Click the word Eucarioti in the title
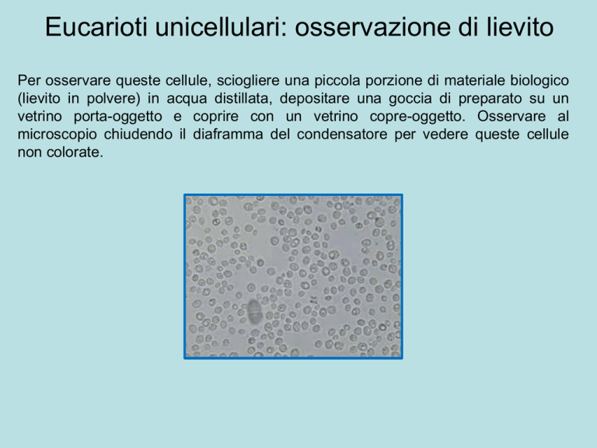(96, 26)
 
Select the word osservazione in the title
(373, 27)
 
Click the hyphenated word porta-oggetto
(118, 117)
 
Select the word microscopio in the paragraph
(57, 135)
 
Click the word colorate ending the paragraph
(75, 152)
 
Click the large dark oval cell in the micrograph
(253, 311)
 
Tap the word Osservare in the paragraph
(511, 116)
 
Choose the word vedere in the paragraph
(445, 134)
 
